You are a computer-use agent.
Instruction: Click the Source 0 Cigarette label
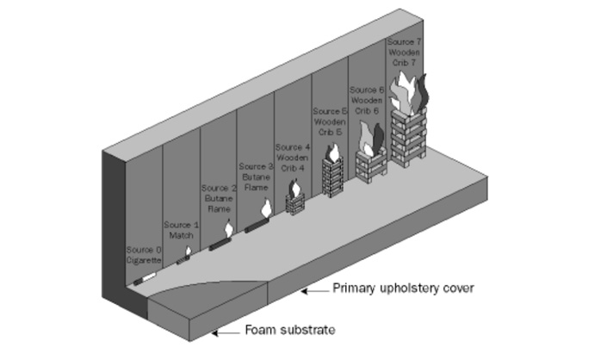tap(143, 255)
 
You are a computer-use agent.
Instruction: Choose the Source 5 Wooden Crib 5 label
tap(330, 121)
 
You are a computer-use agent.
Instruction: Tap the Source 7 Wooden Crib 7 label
tap(405, 53)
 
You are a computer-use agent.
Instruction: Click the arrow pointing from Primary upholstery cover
tap(313, 290)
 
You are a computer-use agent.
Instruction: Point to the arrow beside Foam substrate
tap(226, 332)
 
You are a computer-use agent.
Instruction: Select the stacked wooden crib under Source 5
tap(332, 177)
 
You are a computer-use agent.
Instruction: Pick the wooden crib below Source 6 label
tap(371, 161)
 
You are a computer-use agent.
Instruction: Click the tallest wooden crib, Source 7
tap(407, 136)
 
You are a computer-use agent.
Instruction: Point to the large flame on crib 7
tap(410, 90)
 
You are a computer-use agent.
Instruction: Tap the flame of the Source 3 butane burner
tap(267, 209)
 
